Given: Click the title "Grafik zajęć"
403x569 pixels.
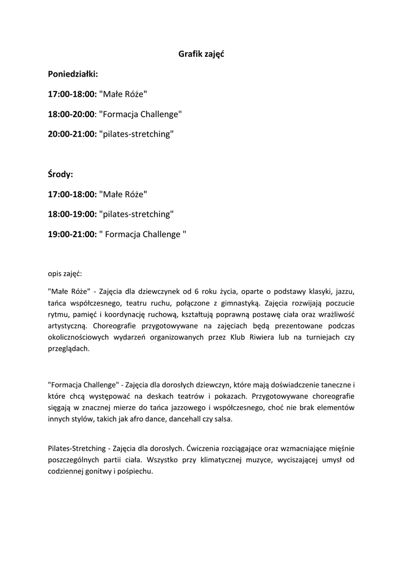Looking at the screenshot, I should (201, 54).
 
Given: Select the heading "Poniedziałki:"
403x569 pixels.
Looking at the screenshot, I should (72, 74).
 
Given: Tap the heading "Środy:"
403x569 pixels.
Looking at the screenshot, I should (61, 174).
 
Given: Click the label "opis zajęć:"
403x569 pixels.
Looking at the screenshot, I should (65, 273).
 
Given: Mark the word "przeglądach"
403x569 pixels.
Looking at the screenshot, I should (68, 350).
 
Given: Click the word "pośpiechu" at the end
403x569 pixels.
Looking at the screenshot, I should (135, 472).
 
